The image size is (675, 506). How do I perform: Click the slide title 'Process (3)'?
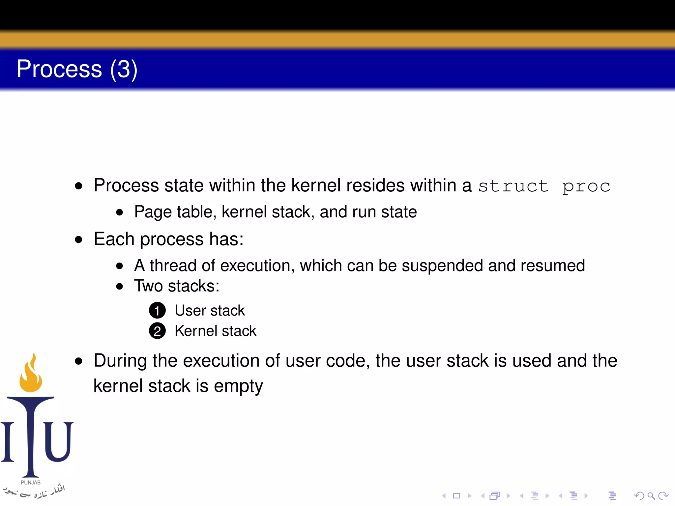pos(77,69)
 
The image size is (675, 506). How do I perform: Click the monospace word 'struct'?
pos(513,186)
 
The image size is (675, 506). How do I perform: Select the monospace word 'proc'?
pos(586,187)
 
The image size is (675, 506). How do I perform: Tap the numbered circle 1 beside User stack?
pos(157,310)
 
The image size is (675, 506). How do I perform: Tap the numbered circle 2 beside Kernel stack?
pos(157,331)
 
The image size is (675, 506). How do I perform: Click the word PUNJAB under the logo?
pos(31,483)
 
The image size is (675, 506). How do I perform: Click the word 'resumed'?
pos(553,266)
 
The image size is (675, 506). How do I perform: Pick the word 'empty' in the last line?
pos(238,386)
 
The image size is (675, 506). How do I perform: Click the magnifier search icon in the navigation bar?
pos(651,495)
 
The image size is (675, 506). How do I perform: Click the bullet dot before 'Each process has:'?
pos(78,239)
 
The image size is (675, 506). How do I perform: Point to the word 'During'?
pos(120,360)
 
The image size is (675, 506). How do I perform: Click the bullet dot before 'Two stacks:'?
pos(120,286)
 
